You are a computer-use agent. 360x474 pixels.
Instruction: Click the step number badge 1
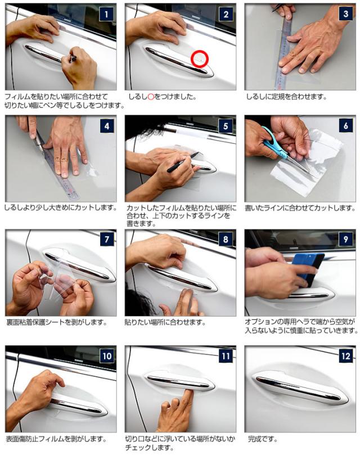(x=106, y=14)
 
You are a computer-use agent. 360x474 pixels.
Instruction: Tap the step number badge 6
(x=345, y=125)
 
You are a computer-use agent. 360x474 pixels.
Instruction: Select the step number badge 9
(x=345, y=240)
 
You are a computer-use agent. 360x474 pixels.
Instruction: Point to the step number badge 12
(x=345, y=356)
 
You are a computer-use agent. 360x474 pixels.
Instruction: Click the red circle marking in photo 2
(x=199, y=58)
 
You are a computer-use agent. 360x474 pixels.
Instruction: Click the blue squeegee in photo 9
(x=307, y=268)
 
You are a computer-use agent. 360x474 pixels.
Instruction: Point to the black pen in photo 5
(x=183, y=162)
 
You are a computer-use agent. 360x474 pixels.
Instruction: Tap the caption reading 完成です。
(x=263, y=439)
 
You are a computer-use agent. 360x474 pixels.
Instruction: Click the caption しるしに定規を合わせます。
(x=286, y=97)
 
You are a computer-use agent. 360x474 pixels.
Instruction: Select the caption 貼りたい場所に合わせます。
(x=165, y=323)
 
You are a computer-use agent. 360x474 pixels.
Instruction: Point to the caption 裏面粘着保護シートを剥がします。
(x=57, y=323)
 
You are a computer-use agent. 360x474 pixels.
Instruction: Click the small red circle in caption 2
(x=151, y=97)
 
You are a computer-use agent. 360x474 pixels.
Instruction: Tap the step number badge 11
(x=226, y=356)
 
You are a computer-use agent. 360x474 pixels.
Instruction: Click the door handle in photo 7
(x=79, y=265)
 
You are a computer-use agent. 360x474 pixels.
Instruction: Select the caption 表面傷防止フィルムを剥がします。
(x=57, y=439)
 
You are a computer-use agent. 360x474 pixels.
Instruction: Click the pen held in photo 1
(x=73, y=58)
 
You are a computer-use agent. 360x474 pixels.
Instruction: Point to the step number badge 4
(x=107, y=125)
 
